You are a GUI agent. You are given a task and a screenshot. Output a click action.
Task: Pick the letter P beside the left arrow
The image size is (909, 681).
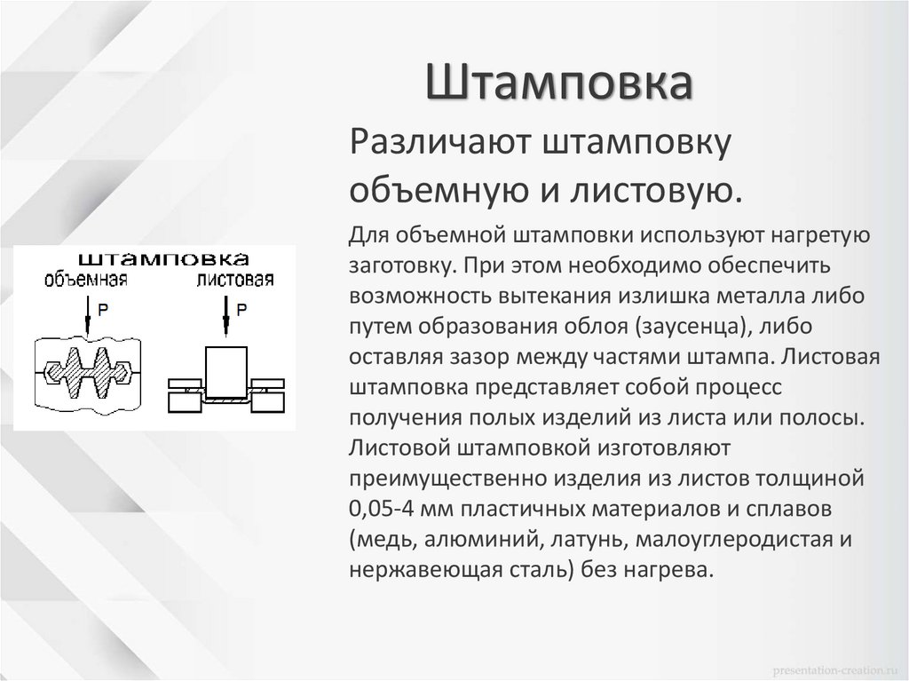point(103,310)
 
